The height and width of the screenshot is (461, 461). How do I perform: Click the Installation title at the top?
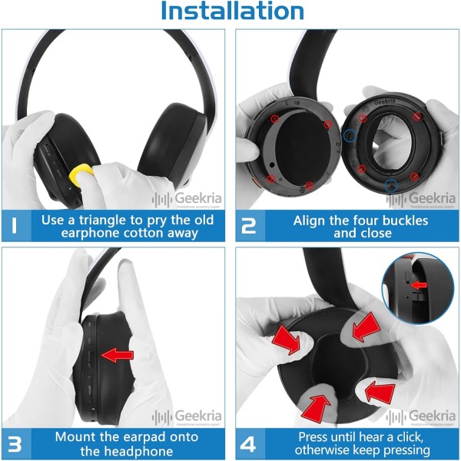231,12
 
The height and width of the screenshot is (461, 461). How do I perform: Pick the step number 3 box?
15,443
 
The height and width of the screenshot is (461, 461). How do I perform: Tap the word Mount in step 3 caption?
75,436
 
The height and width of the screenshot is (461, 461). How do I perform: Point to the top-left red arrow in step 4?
289,340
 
